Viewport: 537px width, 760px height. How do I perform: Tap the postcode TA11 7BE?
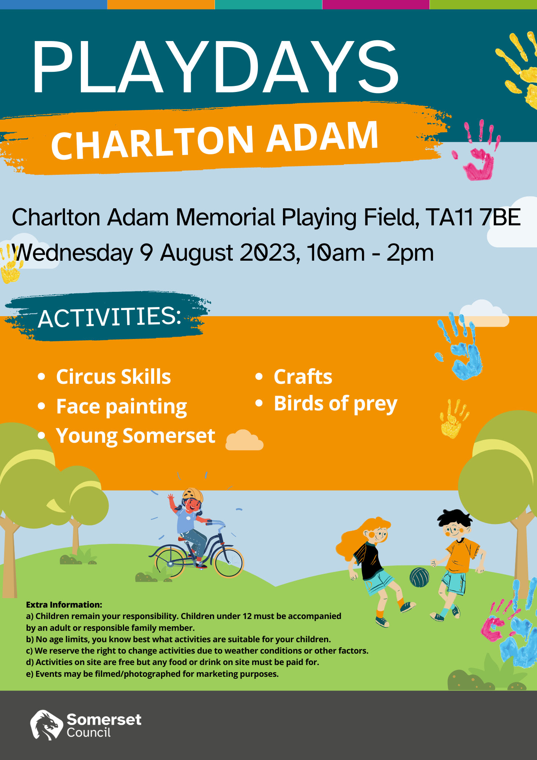tap(473, 217)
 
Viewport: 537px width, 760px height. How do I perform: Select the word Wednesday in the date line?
tap(73, 253)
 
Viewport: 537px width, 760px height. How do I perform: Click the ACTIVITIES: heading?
tap(110, 317)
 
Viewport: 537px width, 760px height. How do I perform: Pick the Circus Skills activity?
tap(114, 377)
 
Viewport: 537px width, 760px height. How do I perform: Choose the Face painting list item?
tap(122, 407)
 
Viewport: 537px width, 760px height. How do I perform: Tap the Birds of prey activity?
tap(336, 404)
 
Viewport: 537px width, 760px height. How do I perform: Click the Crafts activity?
tap(303, 377)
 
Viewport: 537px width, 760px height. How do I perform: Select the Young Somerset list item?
tap(136, 436)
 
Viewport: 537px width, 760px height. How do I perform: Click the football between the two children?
tap(419, 577)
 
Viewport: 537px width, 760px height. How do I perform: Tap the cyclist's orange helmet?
tap(193, 495)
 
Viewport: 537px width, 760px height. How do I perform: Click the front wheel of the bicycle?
tap(228, 562)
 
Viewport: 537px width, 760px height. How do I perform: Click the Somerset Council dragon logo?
tap(46, 725)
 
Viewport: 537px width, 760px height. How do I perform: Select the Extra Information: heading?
tap(64, 605)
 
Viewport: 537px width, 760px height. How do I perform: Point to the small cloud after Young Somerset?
tap(245, 440)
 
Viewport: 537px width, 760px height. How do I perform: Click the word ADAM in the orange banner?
tap(322, 136)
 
